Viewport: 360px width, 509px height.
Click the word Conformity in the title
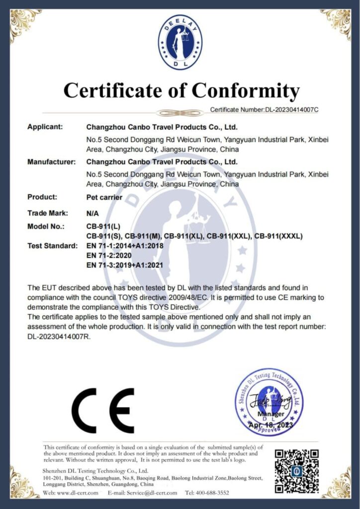246,91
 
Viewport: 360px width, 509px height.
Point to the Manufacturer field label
51,162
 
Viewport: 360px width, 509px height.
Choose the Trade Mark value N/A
93,213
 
